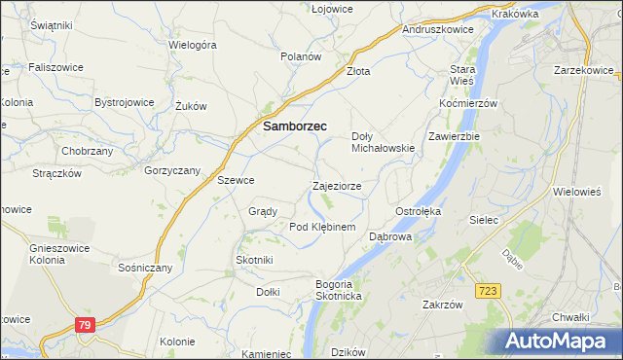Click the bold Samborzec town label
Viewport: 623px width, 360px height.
tap(295, 126)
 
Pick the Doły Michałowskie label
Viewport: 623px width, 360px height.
tap(383, 142)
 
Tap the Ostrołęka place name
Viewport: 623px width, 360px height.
tap(419, 211)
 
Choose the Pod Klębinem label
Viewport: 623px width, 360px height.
tap(322, 227)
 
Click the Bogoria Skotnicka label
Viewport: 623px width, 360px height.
tap(338, 289)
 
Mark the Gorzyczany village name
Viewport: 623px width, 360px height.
tap(171, 170)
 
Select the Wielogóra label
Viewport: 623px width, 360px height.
tap(192, 45)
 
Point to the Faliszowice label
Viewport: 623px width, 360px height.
tap(55, 67)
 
